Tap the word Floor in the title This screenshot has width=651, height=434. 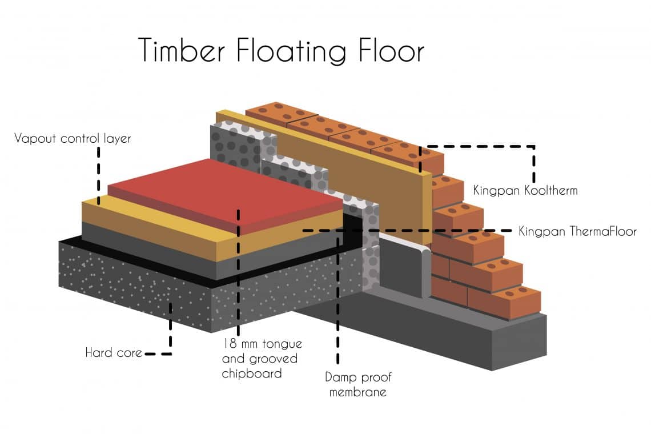tap(392, 50)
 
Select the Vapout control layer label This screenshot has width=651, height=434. tap(73, 138)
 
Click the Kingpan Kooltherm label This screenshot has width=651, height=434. tap(525, 190)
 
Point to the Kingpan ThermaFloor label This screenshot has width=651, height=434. tap(577, 231)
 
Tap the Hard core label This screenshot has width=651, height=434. tap(114, 352)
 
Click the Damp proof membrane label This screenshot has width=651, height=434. tap(358, 384)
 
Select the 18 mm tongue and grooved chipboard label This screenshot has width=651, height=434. tap(262, 359)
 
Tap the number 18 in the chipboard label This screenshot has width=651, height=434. tap(230, 344)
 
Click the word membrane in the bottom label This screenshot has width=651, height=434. tap(358, 392)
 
